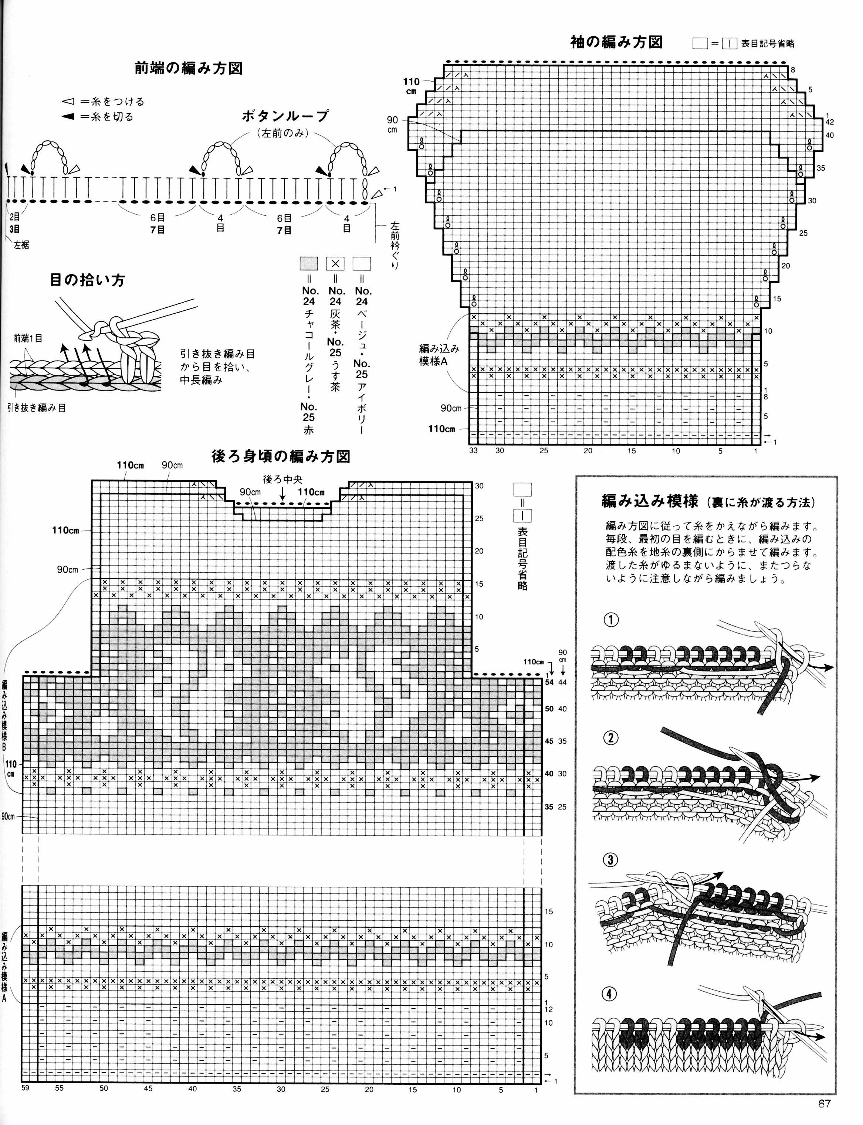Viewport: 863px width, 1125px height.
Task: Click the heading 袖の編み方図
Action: [616, 42]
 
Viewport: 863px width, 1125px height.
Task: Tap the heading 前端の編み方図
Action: [189, 68]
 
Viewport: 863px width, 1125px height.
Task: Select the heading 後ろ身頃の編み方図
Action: [281, 456]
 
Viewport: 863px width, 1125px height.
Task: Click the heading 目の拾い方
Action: [87, 280]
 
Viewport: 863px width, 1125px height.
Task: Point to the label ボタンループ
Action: [285, 116]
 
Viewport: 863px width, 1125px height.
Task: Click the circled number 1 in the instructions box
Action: [611, 620]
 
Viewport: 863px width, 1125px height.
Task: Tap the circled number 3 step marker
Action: [610, 860]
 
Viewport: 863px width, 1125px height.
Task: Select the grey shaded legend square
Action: [309, 264]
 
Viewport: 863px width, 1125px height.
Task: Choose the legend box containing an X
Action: [335, 264]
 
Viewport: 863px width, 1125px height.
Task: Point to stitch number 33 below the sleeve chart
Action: [473, 451]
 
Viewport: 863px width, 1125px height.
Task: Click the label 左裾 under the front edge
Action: [21, 245]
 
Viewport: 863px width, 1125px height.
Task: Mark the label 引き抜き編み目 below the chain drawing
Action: [37, 408]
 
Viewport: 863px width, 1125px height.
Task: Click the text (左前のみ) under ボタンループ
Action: [285, 133]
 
